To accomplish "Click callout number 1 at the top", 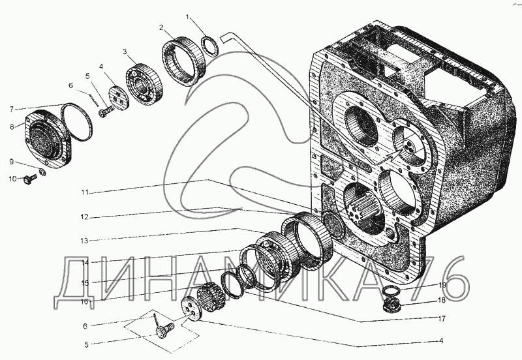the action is pos(187,15).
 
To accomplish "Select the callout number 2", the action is pos(160,27).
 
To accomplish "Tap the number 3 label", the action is pos(125,52).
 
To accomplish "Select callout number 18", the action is pos(441,301).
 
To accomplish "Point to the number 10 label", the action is pos(12,179).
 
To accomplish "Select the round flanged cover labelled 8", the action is pos(48,138).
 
